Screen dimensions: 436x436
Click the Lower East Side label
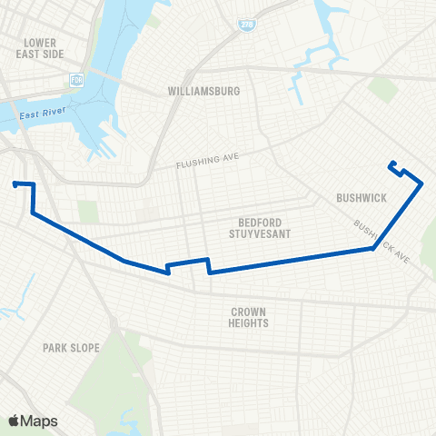coord(40,48)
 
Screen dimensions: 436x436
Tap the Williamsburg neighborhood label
coord(203,92)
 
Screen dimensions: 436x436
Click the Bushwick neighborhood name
coord(362,197)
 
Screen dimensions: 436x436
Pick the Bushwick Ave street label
coord(381,241)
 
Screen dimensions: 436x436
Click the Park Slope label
coord(71,348)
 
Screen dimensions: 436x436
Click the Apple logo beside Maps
coord(15,421)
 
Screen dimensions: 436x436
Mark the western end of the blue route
coord(15,183)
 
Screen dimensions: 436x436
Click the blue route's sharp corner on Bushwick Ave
coord(373,249)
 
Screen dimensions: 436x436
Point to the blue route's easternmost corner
coord(422,183)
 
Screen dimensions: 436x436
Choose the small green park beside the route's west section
coord(87,212)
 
